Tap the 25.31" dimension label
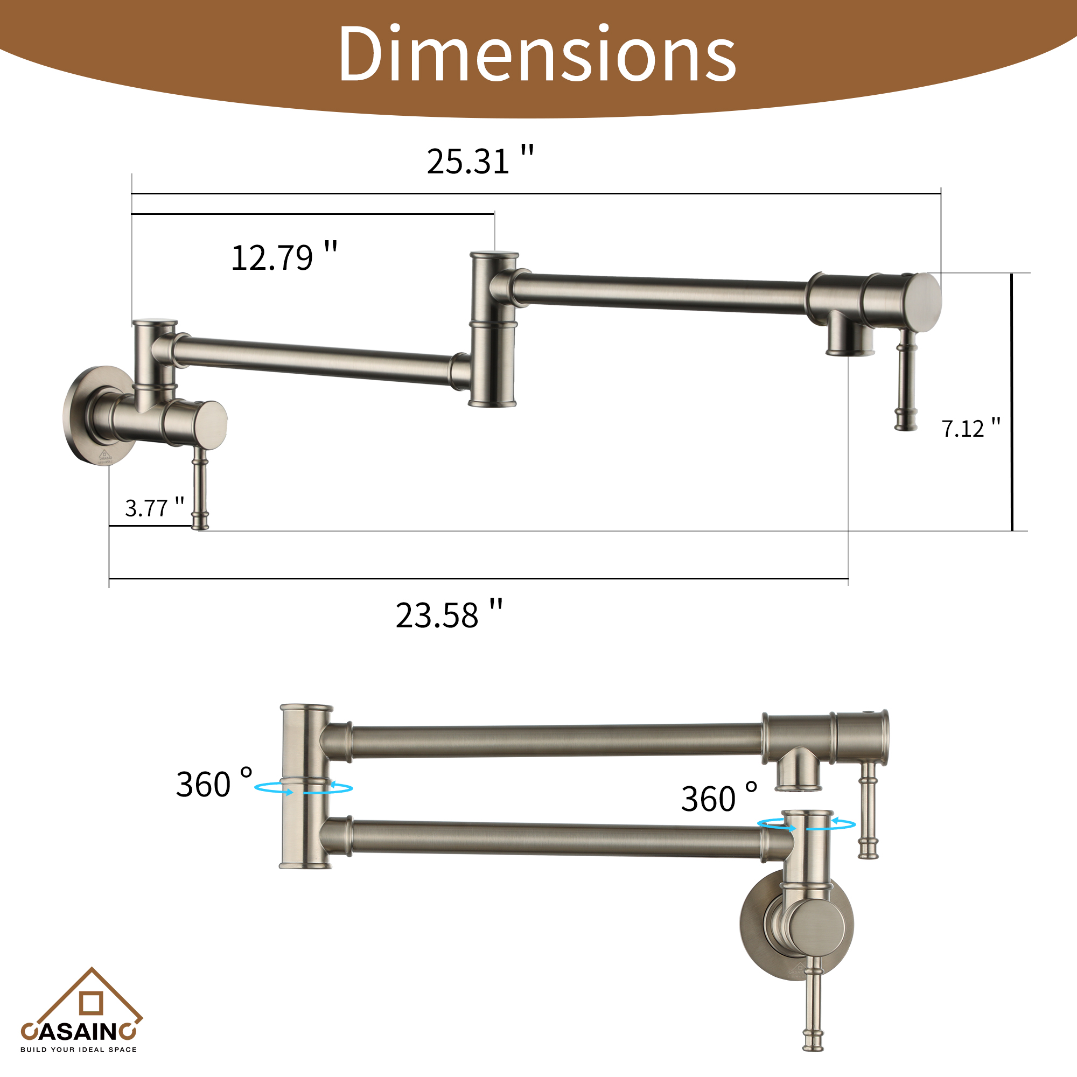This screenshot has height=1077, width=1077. [x=480, y=161]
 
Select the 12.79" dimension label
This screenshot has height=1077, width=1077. [x=284, y=257]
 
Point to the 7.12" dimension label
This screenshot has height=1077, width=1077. [x=970, y=428]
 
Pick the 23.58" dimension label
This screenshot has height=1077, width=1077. [x=449, y=615]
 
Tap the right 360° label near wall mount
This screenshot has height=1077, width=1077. [x=718, y=798]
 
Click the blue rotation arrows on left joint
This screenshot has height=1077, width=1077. [x=304, y=788]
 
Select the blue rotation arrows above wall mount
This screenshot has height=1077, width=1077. [x=806, y=824]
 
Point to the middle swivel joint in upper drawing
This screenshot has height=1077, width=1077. [x=493, y=329]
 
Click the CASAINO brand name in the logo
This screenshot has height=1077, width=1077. [x=78, y=1031]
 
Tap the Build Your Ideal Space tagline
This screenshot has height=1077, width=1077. [x=78, y=1050]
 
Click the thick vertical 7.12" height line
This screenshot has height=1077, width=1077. [x=1012, y=401]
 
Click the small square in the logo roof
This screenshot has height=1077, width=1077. [x=91, y=1003]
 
